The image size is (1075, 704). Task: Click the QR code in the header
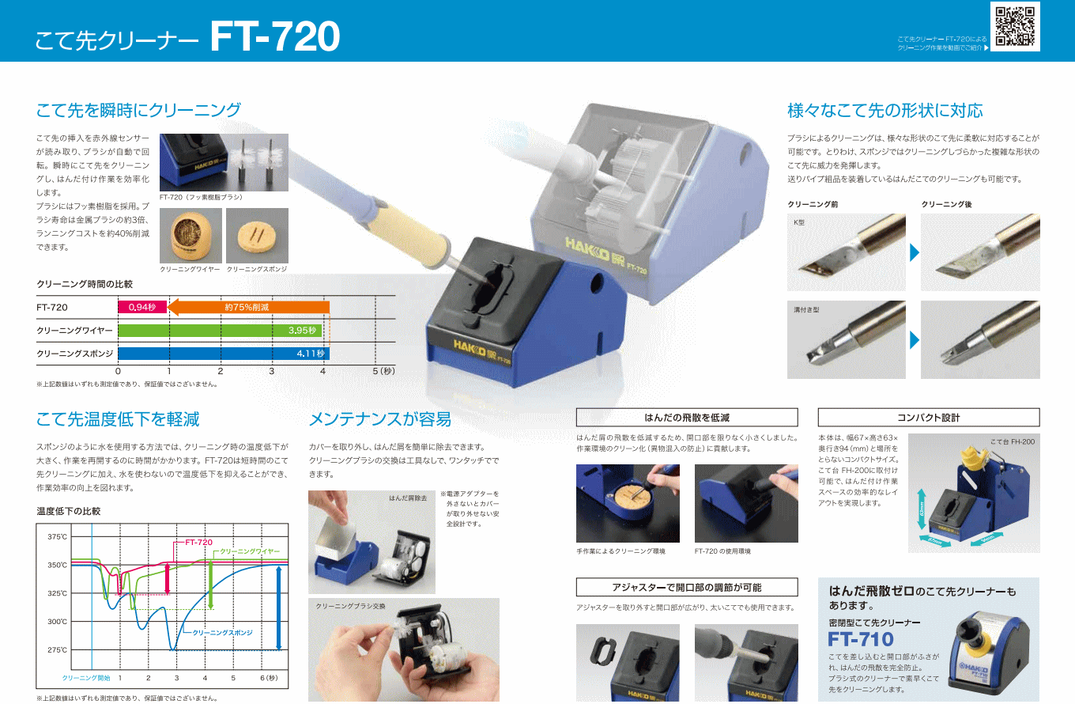1016,26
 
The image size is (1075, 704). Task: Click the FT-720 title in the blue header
275,36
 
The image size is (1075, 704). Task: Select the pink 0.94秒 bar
143,307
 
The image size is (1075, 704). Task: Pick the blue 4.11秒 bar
224,354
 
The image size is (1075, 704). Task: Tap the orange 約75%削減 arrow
249,307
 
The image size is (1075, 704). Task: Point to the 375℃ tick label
58,536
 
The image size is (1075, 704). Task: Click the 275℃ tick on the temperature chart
58,649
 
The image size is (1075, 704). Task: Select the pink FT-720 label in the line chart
198,543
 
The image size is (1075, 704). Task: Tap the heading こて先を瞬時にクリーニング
138,110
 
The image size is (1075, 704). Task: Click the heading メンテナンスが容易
380,418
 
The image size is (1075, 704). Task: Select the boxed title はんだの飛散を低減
687,418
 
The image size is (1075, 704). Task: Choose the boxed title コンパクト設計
928,418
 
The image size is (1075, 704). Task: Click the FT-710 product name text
861,639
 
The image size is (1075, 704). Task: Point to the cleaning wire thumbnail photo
190,236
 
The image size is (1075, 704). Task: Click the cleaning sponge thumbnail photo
257,236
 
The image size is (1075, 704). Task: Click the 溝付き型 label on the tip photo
806,310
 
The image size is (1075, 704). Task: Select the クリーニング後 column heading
946,204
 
